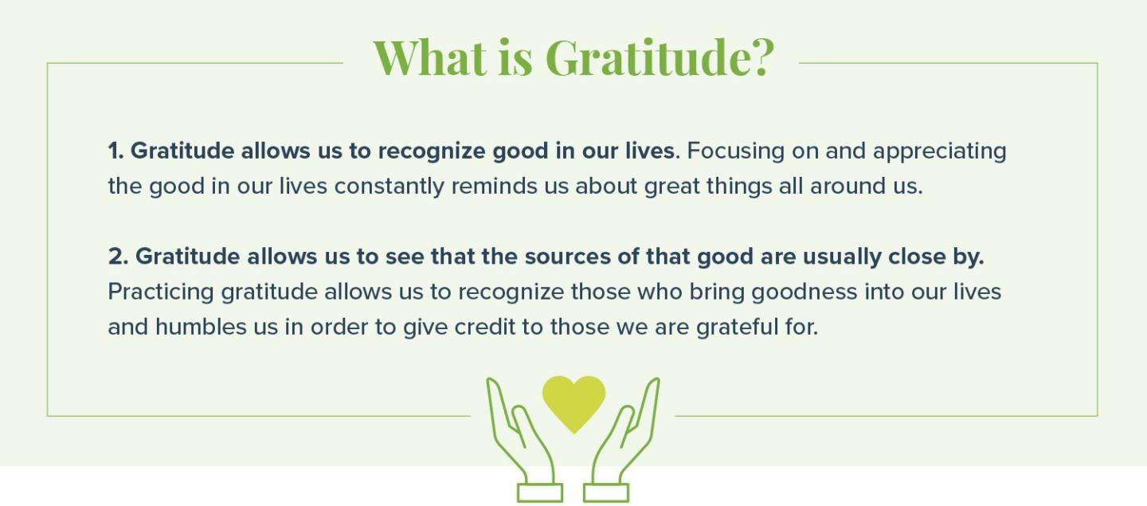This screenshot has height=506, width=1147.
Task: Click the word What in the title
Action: click(x=430, y=57)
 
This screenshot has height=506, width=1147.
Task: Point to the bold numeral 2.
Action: click(x=118, y=257)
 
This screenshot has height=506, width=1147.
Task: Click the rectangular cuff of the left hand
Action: click(x=540, y=492)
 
